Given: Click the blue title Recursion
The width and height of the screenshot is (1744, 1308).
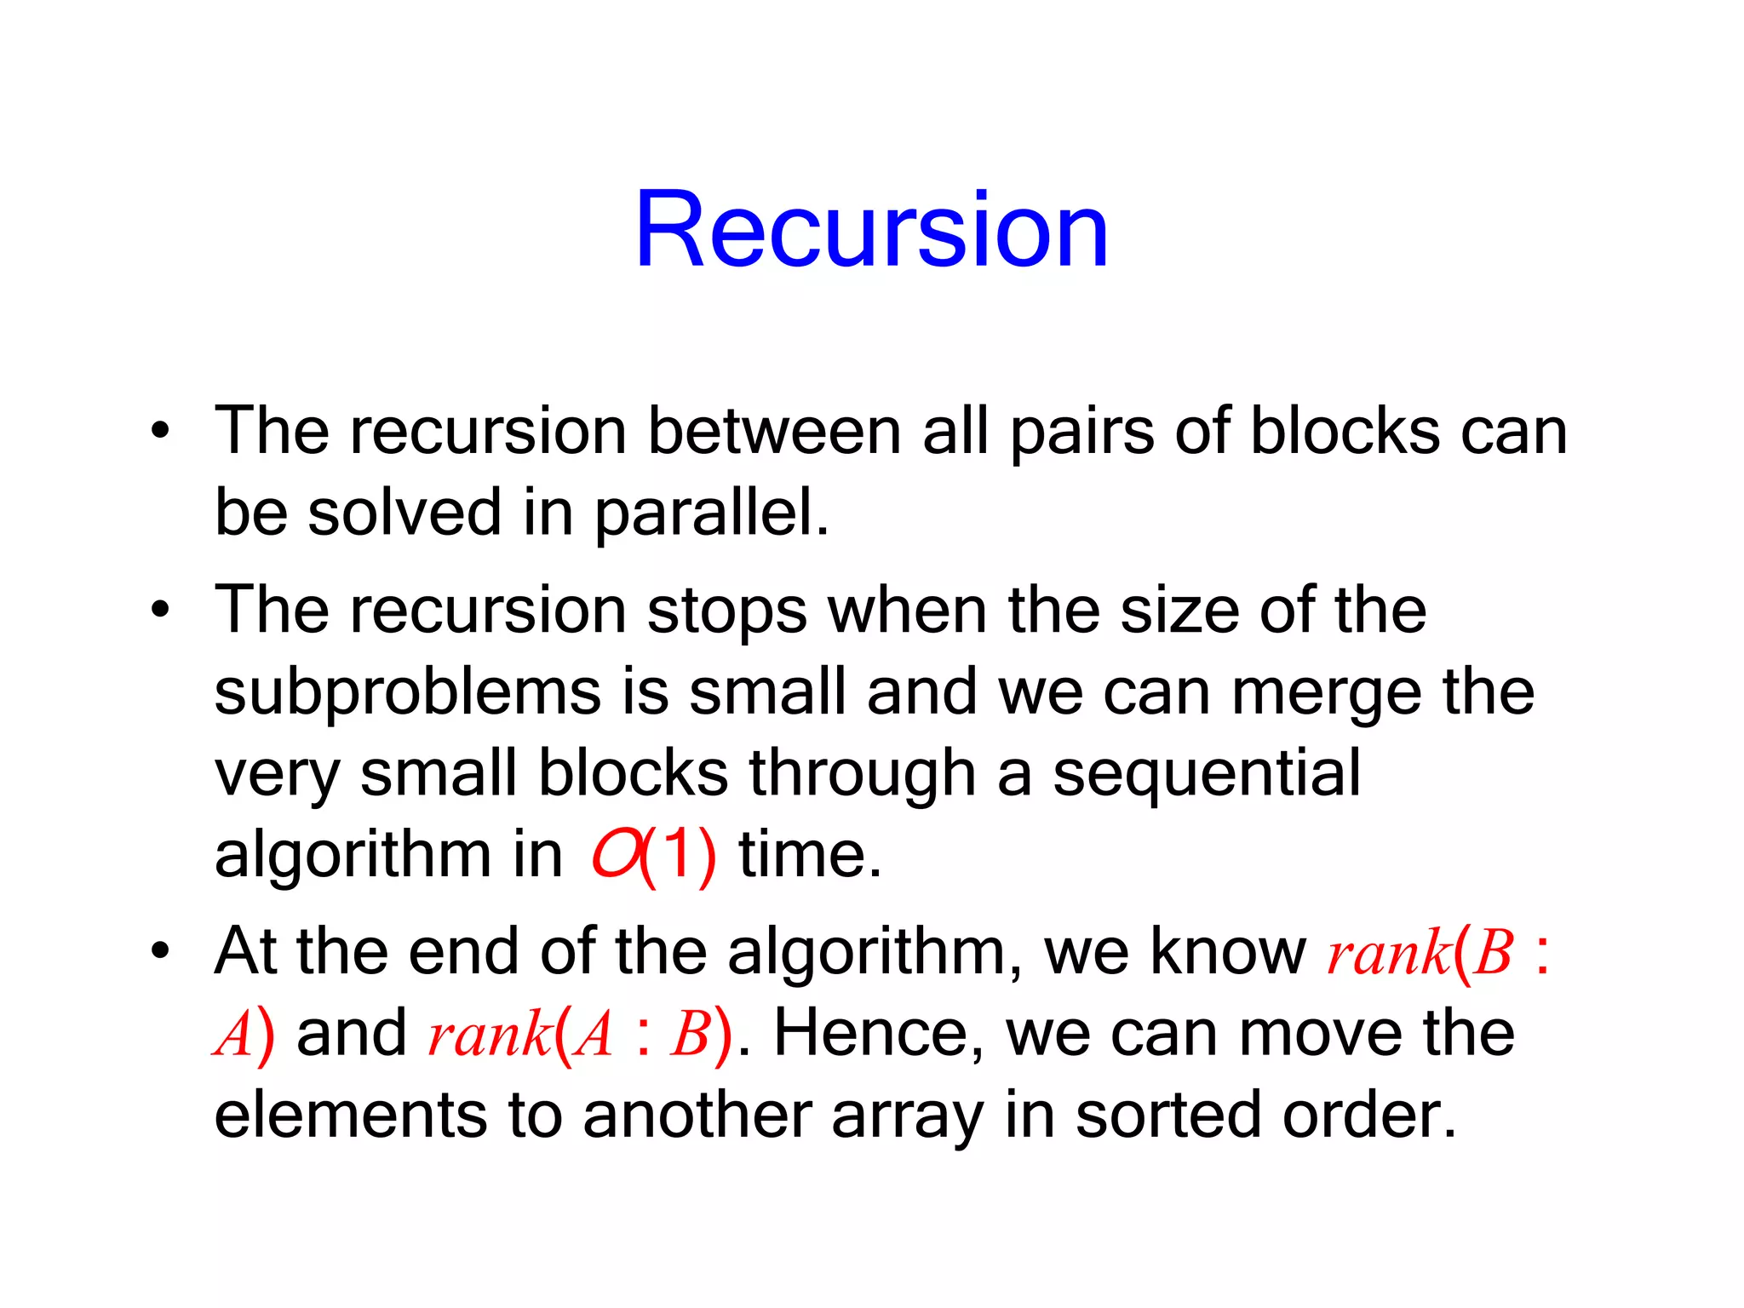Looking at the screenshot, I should click(x=871, y=230).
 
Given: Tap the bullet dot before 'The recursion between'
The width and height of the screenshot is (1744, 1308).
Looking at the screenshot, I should click(x=160, y=430).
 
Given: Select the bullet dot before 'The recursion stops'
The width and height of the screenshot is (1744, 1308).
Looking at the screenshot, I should click(x=160, y=610).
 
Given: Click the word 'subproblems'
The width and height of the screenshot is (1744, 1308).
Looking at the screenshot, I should click(x=407, y=692).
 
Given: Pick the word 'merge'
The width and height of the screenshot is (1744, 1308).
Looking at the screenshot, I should click(x=1327, y=694).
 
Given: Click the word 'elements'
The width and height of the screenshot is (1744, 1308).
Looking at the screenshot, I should click(x=350, y=1115).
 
